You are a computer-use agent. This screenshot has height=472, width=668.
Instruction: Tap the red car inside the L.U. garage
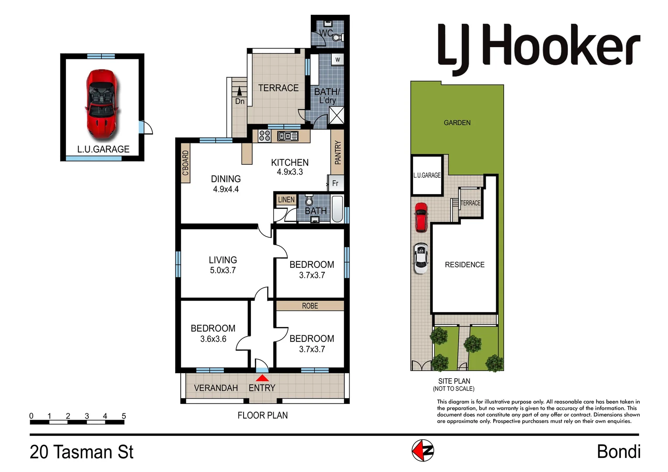point(102,103)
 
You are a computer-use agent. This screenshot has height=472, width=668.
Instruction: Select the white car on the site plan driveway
point(421,258)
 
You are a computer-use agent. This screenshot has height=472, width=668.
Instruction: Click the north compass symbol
point(423,451)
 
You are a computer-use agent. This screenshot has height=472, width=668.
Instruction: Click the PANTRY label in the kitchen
point(337,153)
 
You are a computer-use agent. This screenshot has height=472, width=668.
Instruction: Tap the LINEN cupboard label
point(286,200)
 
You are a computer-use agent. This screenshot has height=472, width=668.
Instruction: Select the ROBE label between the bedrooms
point(310,306)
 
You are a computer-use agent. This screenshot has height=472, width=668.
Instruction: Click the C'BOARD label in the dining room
point(185,163)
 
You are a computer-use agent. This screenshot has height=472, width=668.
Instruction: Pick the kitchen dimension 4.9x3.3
point(289,172)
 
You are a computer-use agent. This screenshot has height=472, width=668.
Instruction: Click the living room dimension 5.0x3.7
point(223,271)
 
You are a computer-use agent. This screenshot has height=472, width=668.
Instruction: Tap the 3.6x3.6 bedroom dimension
point(213,339)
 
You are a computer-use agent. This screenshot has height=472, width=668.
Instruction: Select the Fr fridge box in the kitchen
point(335,183)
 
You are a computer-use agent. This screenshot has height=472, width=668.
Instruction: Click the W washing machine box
point(337,59)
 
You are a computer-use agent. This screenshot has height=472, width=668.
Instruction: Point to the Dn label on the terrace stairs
point(240,101)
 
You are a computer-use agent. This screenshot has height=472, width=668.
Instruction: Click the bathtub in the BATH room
point(337,209)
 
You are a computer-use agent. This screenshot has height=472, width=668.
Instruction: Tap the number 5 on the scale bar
point(124,416)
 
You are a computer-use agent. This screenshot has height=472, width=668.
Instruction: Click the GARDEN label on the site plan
point(457,123)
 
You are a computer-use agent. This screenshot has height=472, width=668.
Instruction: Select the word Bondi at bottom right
point(618,452)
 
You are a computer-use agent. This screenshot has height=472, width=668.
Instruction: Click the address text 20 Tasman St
point(82,452)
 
